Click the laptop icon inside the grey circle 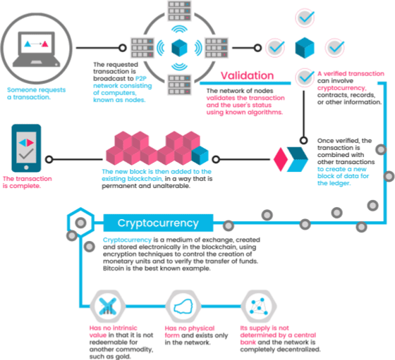[37, 49]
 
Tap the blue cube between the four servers [179, 47]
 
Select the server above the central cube [179, 11]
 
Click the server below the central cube [179, 85]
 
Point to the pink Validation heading [247, 75]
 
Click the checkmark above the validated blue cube [305, 18]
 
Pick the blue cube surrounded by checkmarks [305, 47]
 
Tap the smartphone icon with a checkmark [26, 148]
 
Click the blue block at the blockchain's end [200, 155]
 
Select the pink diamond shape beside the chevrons [281, 159]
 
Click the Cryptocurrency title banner [158, 223]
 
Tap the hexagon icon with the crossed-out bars [107, 306]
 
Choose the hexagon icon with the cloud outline [183, 306]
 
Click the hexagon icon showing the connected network [259, 306]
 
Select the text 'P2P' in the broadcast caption [140, 78]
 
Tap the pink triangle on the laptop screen [45, 44]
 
